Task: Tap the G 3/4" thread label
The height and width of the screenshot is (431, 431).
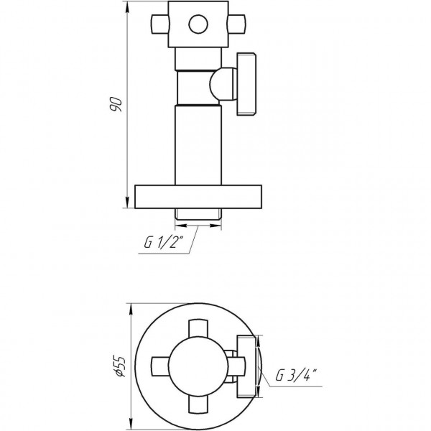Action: point(296,375)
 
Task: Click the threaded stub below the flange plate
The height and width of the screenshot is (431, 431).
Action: point(198,213)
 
